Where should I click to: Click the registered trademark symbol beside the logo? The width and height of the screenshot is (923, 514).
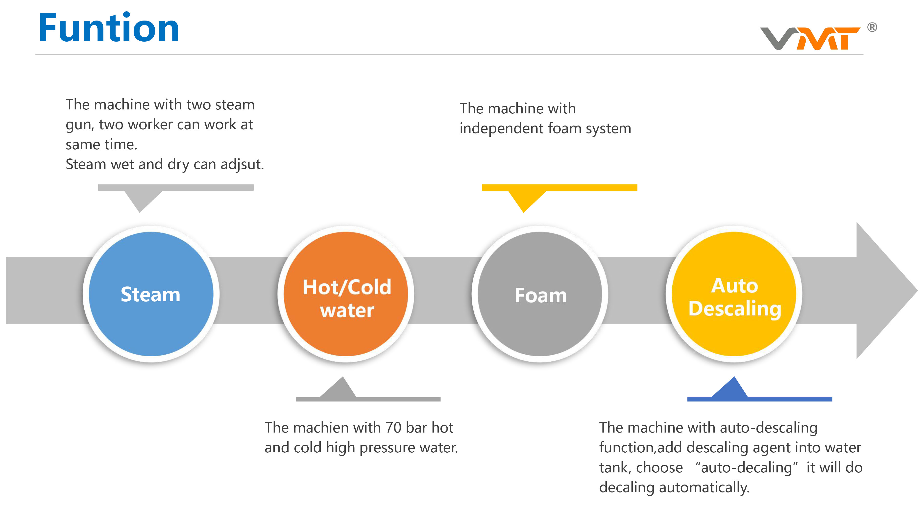point(872,27)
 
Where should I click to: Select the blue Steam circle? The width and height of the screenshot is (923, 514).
point(151,294)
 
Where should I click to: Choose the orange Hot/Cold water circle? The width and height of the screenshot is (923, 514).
point(346,294)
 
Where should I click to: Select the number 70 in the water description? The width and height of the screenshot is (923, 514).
point(393,428)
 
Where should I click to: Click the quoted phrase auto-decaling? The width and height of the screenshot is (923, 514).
point(746,468)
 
